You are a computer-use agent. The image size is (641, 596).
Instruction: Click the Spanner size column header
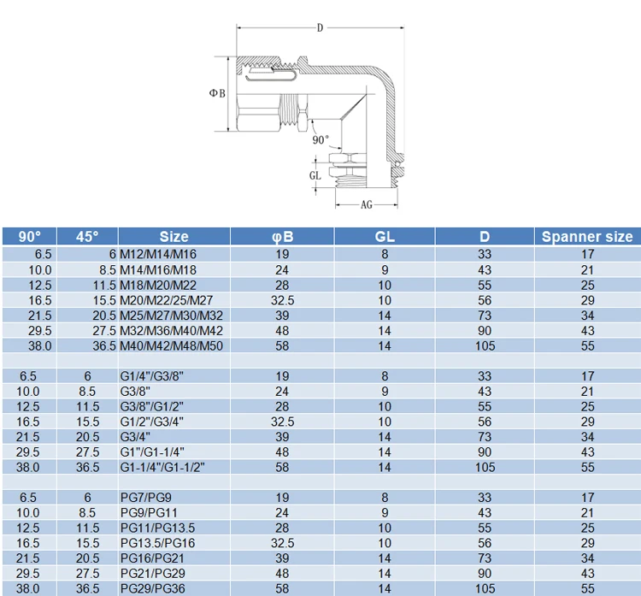[x=587, y=237]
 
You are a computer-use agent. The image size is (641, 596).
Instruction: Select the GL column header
[x=385, y=237]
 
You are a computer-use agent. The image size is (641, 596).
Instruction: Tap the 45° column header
[x=87, y=237]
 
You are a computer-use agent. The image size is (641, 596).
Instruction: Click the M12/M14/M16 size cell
[x=158, y=255]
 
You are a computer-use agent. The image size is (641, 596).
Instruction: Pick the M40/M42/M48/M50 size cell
[x=171, y=346]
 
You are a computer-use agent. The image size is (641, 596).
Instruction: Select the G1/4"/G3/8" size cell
[x=151, y=376]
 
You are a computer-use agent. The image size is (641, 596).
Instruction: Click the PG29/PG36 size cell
[x=152, y=588]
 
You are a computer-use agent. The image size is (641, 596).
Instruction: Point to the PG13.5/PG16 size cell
[x=157, y=543]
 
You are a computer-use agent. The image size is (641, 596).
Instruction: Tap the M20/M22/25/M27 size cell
[x=166, y=300]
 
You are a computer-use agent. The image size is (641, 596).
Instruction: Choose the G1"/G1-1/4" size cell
[x=152, y=452]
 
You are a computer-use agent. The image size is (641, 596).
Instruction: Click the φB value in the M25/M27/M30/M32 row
[x=282, y=316]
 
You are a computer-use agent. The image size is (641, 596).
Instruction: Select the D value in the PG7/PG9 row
[x=485, y=498]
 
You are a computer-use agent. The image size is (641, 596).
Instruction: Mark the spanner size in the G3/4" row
[x=587, y=437]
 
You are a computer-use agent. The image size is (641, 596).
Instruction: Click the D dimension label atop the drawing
[x=320, y=28]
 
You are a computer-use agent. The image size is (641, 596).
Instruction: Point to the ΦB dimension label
[x=217, y=93]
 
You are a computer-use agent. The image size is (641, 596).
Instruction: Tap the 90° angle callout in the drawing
[x=320, y=140]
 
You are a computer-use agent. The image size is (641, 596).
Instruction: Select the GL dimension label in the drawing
[x=315, y=175]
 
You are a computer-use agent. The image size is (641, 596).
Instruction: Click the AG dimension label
[x=367, y=204]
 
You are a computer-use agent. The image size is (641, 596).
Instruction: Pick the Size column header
[x=173, y=237]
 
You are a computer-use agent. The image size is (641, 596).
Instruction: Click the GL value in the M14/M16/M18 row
[x=385, y=270]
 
